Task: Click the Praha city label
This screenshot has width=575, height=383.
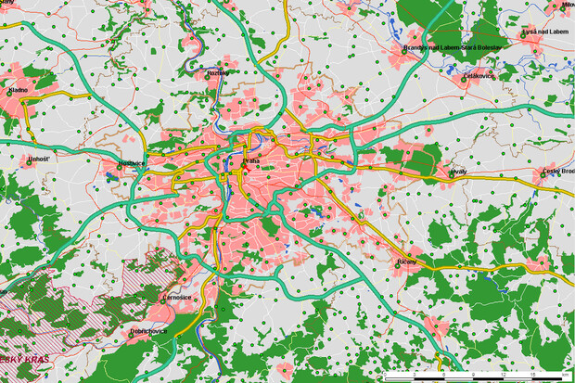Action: pyautogui.click(x=252, y=161)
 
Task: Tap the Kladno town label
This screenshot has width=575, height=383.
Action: pyautogui.click(x=17, y=90)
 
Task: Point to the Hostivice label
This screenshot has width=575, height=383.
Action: pyautogui.click(x=132, y=163)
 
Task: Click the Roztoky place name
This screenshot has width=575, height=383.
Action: pyautogui.click(x=218, y=72)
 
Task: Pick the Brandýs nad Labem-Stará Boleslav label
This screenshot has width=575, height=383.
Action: pyautogui.click(x=453, y=47)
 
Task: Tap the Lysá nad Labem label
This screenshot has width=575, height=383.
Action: pyautogui.click(x=545, y=32)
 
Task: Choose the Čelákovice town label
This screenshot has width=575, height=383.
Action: pyautogui.click(x=479, y=75)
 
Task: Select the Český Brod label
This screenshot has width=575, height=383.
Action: pyautogui.click(x=559, y=171)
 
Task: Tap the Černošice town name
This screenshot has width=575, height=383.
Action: pyautogui.click(x=176, y=298)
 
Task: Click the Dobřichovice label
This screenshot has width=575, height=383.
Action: pyautogui.click(x=149, y=331)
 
